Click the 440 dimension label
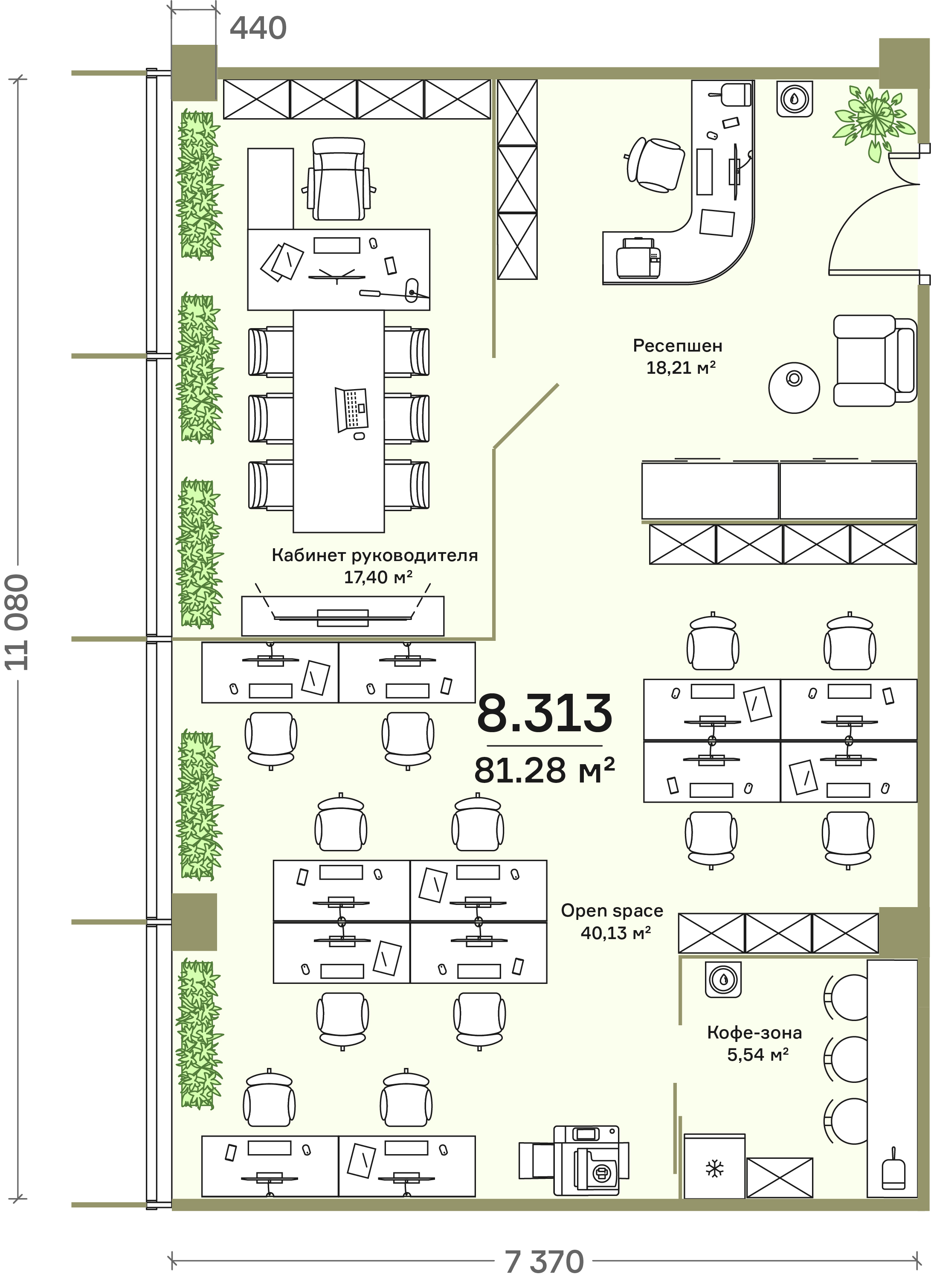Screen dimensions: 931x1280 pyautogui.click(x=258, y=28)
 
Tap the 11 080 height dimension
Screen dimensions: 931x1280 pyautogui.click(x=17, y=623)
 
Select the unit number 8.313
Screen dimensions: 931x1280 pyautogui.click(x=545, y=712)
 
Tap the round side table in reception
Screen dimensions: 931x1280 pyautogui.click(x=794, y=388)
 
